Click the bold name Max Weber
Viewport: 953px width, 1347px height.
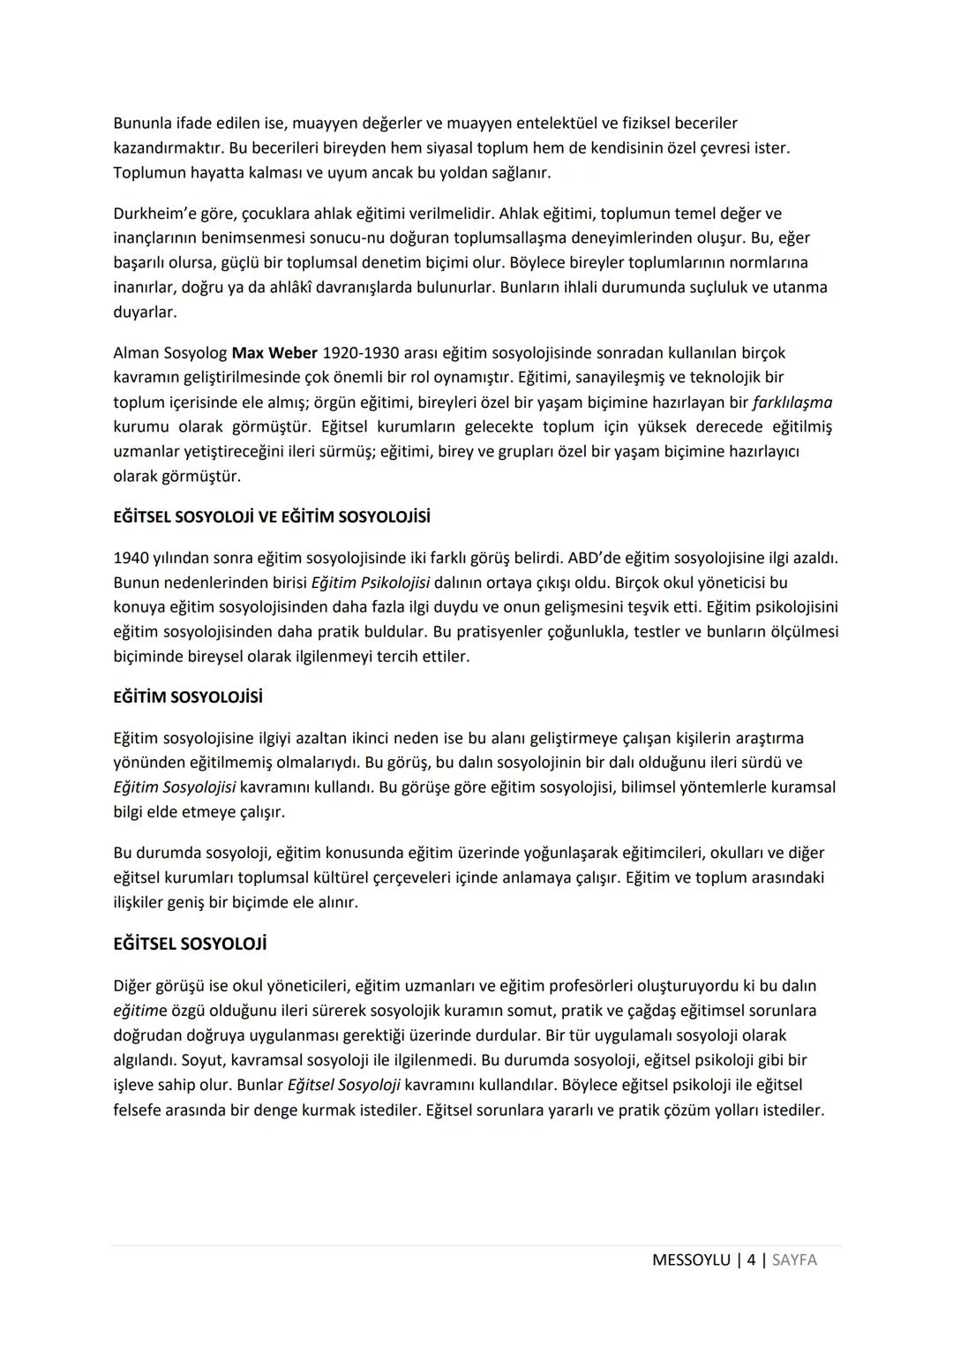click(274, 353)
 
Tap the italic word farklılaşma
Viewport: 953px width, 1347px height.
click(792, 403)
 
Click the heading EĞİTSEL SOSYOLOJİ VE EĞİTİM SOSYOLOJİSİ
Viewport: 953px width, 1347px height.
click(272, 516)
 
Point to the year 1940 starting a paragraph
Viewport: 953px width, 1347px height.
click(131, 558)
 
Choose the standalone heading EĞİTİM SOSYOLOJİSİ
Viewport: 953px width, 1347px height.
click(188, 697)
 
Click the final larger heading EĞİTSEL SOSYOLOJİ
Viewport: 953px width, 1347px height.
click(190, 944)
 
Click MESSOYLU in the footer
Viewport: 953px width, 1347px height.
click(691, 1260)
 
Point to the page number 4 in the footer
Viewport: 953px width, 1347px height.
click(751, 1260)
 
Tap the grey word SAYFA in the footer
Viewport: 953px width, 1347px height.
click(794, 1260)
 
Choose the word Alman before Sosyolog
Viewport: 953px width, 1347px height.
click(136, 353)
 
